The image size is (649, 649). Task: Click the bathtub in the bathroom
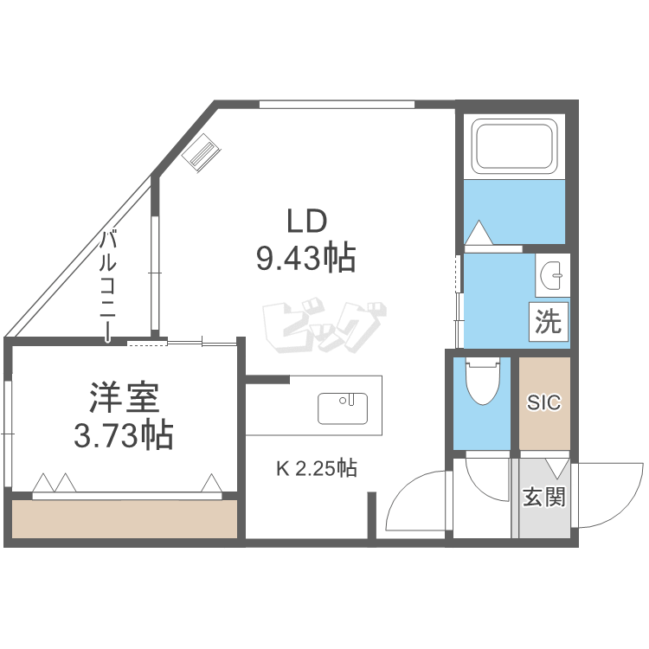click(517, 146)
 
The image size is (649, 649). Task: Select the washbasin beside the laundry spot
click(552, 275)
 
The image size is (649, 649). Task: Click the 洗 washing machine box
click(549, 322)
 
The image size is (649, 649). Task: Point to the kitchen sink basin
click(343, 408)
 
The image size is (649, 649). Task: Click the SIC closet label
click(544, 402)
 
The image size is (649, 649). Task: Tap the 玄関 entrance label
click(544, 497)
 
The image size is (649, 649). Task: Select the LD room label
click(306, 222)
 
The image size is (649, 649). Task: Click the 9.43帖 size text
click(306, 258)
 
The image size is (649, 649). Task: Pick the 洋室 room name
click(124, 398)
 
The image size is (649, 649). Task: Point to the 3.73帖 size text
click(124, 435)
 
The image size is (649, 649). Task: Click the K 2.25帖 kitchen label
click(317, 468)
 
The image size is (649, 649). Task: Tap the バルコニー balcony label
click(108, 285)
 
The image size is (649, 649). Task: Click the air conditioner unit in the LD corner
click(201, 151)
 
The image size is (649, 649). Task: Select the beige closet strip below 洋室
click(124, 519)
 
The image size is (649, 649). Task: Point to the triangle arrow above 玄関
click(556, 468)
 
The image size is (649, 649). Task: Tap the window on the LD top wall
click(337, 104)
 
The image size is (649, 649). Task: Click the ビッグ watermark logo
click(324, 327)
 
